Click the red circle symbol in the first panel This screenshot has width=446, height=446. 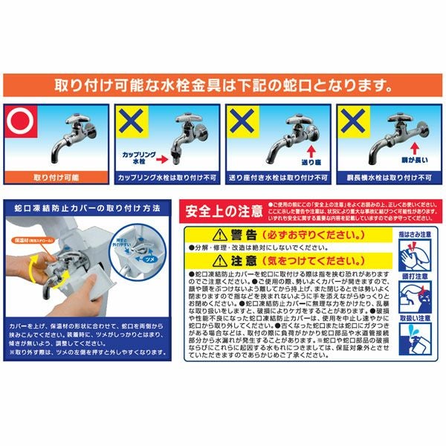pyautogui.click(x=16, y=122)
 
